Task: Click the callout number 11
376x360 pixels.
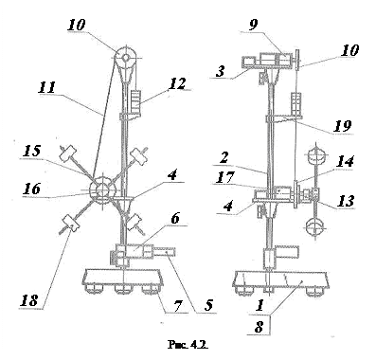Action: click(x=46, y=87)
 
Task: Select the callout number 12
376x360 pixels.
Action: click(x=177, y=83)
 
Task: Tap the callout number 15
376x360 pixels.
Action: click(x=32, y=152)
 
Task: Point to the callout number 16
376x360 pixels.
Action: click(x=32, y=189)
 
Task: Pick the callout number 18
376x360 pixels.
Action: click(x=29, y=300)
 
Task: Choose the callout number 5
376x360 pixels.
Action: click(x=208, y=305)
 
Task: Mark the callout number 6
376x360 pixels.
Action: click(x=175, y=219)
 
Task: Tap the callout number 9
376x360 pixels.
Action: click(x=254, y=26)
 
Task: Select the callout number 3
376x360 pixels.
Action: click(x=220, y=71)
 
